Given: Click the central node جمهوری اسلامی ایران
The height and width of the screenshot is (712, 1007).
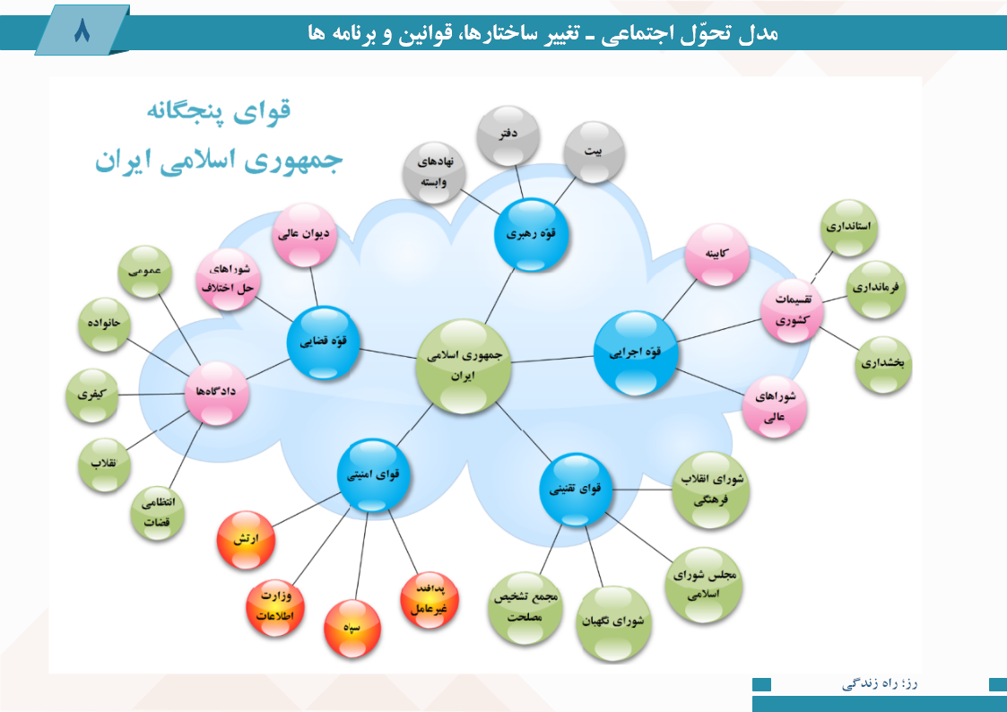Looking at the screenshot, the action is [x=463, y=367].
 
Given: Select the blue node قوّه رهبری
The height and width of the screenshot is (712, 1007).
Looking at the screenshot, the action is [x=531, y=234].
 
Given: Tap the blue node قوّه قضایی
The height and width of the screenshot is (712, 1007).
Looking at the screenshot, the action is [x=323, y=342].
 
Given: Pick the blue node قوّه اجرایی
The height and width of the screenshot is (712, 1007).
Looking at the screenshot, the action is [x=635, y=352].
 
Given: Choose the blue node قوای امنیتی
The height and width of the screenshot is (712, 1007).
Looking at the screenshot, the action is [x=373, y=475].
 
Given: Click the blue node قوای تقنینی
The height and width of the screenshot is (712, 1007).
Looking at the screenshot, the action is [x=575, y=490].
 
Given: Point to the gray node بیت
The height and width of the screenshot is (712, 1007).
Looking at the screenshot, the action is [x=594, y=152].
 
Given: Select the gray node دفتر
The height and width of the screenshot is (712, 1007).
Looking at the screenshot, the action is [x=508, y=135].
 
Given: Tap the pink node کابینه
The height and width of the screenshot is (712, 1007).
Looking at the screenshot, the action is [x=716, y=255].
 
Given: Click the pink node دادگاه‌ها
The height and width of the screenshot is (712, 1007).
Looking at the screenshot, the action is [x=216, y=392].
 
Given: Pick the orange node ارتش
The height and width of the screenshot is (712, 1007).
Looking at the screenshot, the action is [x=246, y=539].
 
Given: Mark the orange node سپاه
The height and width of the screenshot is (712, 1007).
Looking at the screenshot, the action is [x=352, y=628].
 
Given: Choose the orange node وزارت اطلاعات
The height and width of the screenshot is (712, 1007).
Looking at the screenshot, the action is [x=275, y=607].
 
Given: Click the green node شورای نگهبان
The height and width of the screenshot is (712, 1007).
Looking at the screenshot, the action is [x=613, y=622].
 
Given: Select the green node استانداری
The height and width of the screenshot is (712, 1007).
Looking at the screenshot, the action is [x=848, y=227].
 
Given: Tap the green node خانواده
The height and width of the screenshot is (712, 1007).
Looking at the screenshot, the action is [x=104, y=325].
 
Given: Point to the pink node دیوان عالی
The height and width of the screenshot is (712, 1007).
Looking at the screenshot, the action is [x=304, y=234].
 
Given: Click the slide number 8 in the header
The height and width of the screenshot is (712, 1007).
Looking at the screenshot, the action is [x=82, y=30].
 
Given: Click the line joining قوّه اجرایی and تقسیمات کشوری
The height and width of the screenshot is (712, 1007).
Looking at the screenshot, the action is [x=718, y=330].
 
